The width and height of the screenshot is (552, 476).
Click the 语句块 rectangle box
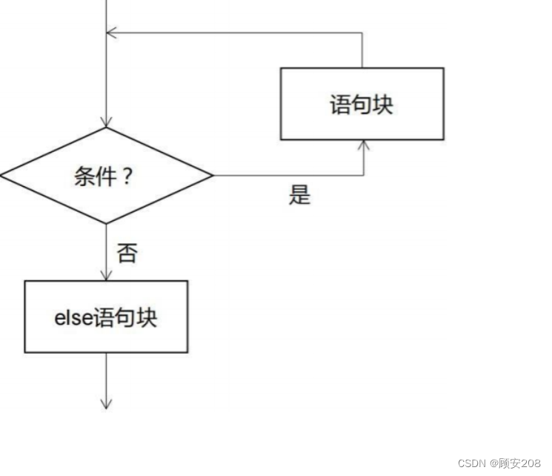pyautogui.click(x=362, y=104)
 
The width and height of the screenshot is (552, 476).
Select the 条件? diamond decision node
pyautogui.click(x=107, y=176)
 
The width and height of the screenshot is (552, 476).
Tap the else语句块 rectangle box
pyautogui.click(x=106, y=317)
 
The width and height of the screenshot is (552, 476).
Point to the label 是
pyautogui.click(x=299, y=195)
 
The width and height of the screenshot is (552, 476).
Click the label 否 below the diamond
pyautogui.click(x=127, y=254)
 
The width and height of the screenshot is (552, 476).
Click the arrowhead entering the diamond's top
pyautogui.click(x=107, y=122)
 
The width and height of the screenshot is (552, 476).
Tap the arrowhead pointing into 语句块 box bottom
pyautogui.click(x=363, y=145)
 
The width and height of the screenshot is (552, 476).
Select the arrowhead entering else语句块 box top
pyautogui.click(x=107, y=275)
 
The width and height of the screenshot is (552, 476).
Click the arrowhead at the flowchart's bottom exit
pyautogui.click(x=107, y=404)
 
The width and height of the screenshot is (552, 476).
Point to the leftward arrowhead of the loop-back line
pyautogui.click(x=111, y=33)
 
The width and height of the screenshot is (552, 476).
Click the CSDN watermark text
pyautogui.click(x=470, y=463)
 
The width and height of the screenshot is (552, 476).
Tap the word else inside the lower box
pyautogui.click(x=73, y=317)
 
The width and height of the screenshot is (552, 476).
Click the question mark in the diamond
pyautogui.click(x=127, y=176)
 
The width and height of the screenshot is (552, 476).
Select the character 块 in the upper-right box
pyautogui.click(x=382, y=105)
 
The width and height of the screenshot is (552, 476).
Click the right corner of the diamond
pyautogui.click(x=212, y=176)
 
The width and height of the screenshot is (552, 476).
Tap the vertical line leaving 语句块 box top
pyautogui.click(x=362, y=50)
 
